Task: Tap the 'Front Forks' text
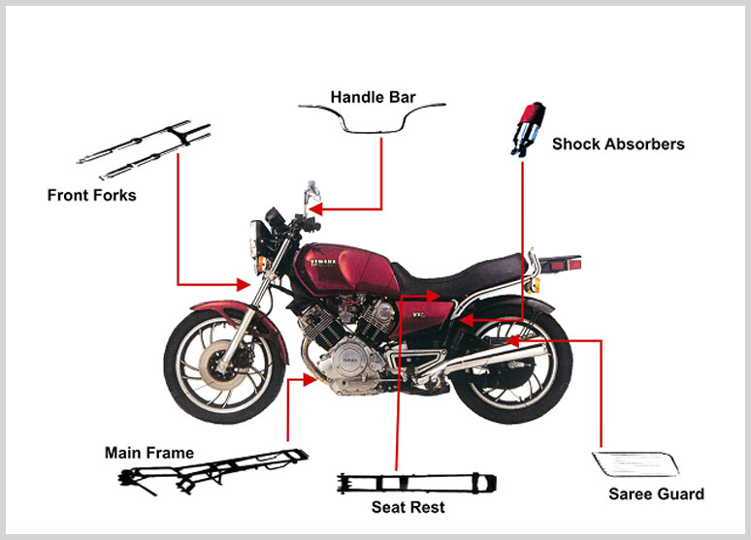tap(91, 195)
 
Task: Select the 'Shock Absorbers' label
tap(618, 144)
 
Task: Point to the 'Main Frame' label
tap(149, 453)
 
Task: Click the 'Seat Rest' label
tap(408, 507)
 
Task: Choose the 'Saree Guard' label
tap(656, 493)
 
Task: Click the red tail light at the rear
tap(573, 264)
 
